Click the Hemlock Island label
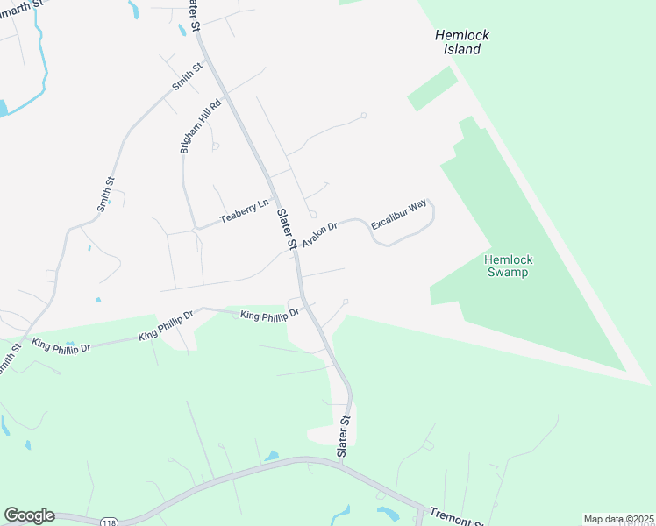[x=461, y=42]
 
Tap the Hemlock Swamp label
[x=508, y=266]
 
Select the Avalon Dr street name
[x=320, y=234]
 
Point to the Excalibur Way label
[x=399, y=215]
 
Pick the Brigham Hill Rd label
[x=202, y=125]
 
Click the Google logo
[x=29, y=515]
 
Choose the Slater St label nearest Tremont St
[x=344, y=435]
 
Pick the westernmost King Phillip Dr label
[x=61, y=346]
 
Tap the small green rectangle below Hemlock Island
[x=432, y=89]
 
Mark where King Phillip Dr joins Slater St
[x=303, y=306]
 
